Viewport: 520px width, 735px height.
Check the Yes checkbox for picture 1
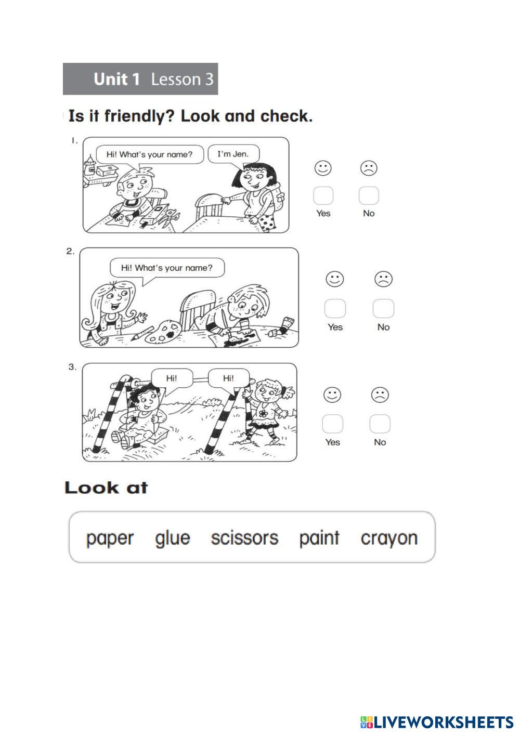point(323,195)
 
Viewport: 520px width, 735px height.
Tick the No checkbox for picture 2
point(383,308)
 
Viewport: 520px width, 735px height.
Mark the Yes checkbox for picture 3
point(333,424)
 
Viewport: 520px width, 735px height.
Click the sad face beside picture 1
point(369,168)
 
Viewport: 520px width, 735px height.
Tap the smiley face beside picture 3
point(332,395)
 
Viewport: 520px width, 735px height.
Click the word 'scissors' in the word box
point(244,538)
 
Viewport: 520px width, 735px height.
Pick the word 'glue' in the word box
point(172,539)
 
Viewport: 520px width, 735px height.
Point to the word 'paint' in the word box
point(319,539)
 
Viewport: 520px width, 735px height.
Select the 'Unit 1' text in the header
point(116,79)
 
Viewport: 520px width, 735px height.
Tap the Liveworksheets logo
point(437,722)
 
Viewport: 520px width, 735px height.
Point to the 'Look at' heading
point(107,488)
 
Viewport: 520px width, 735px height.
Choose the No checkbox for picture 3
point(380,424)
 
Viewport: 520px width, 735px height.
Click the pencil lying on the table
point(142,333)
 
